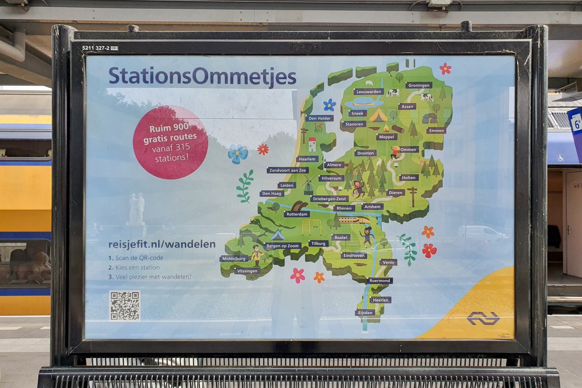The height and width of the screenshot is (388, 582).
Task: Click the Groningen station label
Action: click(419, 85)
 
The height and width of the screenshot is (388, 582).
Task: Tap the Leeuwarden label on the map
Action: click(369, 91)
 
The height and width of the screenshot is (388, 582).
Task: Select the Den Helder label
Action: click(320, 118)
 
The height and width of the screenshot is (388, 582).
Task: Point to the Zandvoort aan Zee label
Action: click(288, 170)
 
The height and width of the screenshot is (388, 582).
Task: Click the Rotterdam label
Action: click(297, 214)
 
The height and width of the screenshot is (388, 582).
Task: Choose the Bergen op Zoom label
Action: click(283, 245)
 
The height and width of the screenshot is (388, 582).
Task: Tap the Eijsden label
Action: click(365, 313)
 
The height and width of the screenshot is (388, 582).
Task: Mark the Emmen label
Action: click(436, 130)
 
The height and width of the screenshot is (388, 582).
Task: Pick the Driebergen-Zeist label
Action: click(329, 199)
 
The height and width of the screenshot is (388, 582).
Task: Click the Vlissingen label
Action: click(247, 271)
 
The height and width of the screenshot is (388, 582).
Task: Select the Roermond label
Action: click(379, 281)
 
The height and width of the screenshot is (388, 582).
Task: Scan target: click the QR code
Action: click(125, 306)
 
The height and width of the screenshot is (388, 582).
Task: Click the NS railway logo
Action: click(483, 318)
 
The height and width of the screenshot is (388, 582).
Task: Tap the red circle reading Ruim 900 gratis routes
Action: click(170, 143)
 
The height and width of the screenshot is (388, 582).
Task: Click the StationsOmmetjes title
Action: click(202, 77)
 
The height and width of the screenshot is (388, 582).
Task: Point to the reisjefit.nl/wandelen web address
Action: click(162, 244)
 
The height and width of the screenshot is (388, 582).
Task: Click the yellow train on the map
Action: click(354, 220)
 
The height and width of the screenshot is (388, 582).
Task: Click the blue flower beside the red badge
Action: click(238, 154)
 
